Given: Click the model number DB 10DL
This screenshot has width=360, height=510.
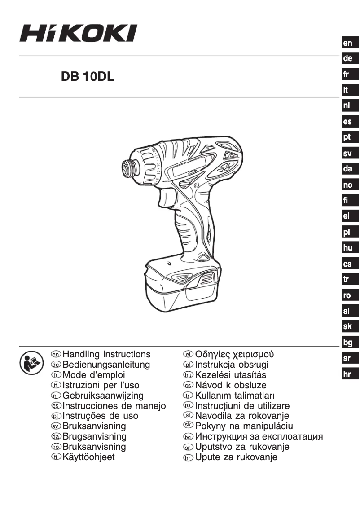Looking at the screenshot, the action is [x=88, y=77].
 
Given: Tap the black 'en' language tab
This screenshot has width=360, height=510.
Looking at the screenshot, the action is [x=347, y=43].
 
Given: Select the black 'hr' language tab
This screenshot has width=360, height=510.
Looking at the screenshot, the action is [x=347, y=374].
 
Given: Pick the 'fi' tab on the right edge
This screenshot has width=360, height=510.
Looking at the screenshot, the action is [x=347, y=201].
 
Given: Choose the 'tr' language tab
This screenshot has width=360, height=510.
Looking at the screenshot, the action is [x=347, y=279].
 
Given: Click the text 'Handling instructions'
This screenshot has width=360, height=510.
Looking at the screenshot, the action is [x=106, y=354].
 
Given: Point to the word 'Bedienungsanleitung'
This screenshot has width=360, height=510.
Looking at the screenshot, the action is [x=106, y=365].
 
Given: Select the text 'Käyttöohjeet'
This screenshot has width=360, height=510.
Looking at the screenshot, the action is [x=88, y=457].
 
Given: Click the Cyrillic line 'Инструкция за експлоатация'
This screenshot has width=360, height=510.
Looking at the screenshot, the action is [x=259, y=436].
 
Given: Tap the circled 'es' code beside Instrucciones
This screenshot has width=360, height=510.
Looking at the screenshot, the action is [x=57, y=406].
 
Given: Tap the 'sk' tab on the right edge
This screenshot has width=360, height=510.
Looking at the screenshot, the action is [x=347, y=326].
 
